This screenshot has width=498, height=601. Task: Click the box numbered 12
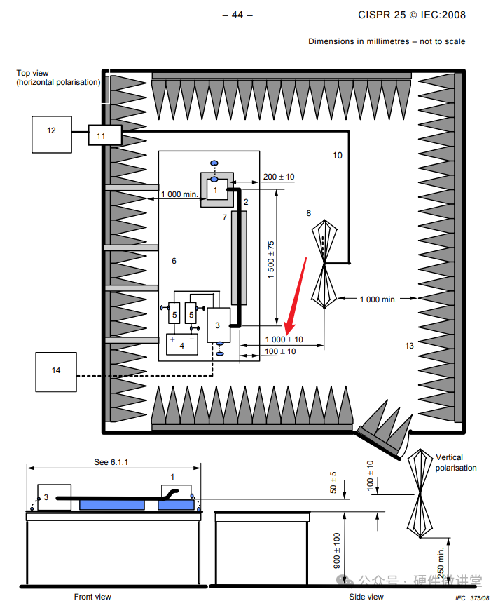tap(51, 134)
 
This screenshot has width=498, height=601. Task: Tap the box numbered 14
tap(55, 372)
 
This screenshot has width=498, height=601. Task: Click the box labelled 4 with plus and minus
tap(181, 344)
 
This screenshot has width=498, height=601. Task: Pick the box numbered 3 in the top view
tap(219, 324)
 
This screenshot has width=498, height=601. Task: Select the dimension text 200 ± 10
tap(278, 177)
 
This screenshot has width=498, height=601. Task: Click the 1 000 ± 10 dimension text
tap(284, 339)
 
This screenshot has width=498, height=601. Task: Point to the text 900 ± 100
tap(337, 551)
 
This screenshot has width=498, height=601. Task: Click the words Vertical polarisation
tap(455, 463)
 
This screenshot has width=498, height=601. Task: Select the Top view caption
tap(58, 78)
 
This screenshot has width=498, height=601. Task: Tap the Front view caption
tap(92, 597)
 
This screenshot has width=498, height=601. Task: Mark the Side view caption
tap(366, 597)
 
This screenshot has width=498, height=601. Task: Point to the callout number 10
tap(338, 155)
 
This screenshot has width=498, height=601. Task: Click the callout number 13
tap(410, 345)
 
